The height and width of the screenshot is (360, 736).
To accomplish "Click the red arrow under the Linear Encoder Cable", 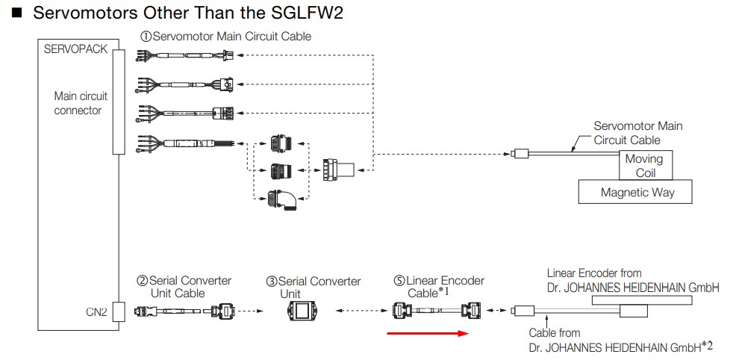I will click(427, 333).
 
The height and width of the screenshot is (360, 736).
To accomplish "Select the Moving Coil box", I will click(643, 165).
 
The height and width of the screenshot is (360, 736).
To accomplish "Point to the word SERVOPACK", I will click(75, 49).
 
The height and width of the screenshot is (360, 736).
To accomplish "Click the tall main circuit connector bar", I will click(118, 101).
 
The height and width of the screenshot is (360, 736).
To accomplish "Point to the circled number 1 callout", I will click(146, 36).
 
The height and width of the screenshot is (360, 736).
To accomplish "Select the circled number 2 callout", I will click(142, 281).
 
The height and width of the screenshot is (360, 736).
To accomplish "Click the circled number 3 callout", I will click(272, 282).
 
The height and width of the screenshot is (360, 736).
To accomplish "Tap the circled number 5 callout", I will click(399, 282).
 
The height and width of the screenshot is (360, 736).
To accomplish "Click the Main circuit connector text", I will click(80, 103).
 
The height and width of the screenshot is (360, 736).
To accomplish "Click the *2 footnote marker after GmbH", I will click(707, 345).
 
